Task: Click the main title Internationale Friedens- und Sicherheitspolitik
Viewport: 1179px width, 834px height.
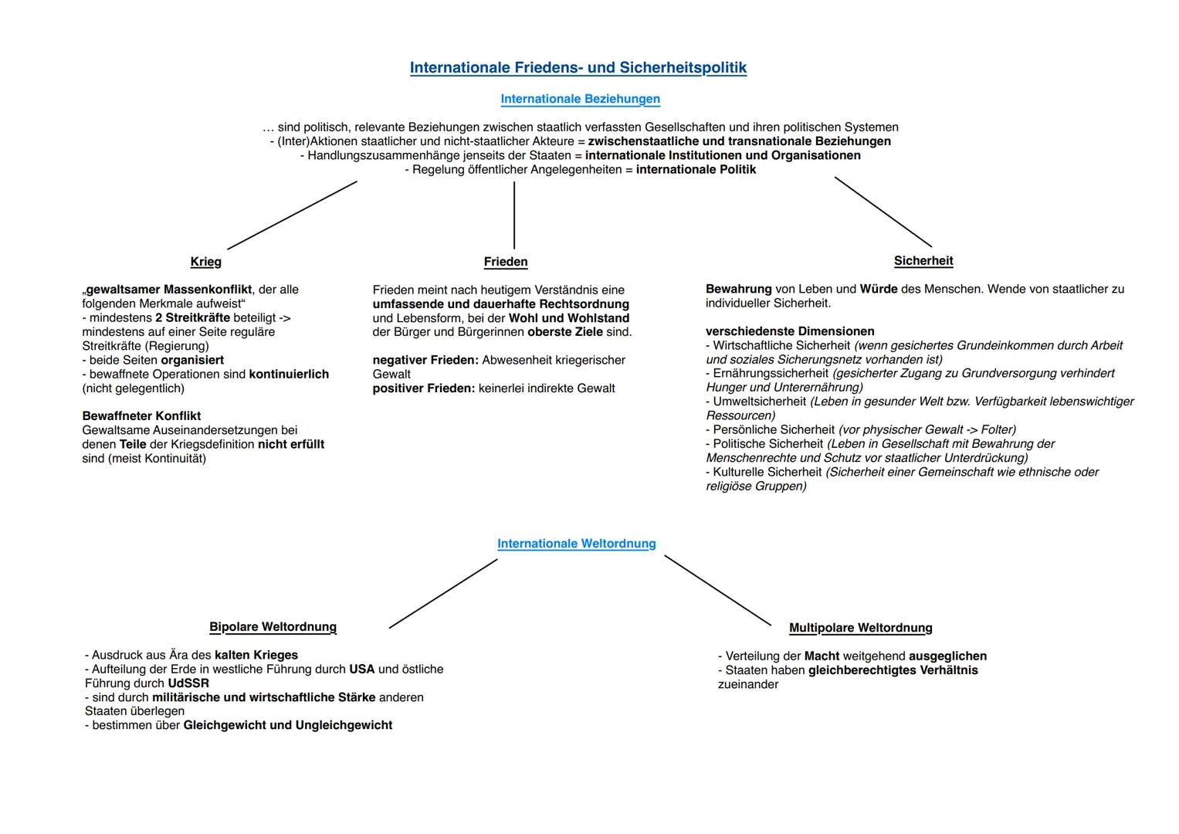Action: (578, 68)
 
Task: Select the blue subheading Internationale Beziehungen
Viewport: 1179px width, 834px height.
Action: (580, 99)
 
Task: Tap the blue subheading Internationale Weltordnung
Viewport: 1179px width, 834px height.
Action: (576, 544)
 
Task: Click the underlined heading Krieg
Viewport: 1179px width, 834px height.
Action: (206, 262)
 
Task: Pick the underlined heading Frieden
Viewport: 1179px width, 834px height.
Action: (506, 262)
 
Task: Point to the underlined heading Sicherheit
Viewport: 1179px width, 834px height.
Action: (923, 261)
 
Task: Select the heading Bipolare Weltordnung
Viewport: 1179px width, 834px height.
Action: (273, 627)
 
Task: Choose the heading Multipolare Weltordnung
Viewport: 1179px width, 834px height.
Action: (860, 628)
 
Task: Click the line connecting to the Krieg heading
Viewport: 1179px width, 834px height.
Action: (292, 215)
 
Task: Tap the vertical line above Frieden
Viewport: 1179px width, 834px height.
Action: (514, 215)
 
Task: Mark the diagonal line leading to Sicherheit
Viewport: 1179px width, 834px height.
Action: (883, 212)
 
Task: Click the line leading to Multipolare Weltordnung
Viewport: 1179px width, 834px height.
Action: (717, 590)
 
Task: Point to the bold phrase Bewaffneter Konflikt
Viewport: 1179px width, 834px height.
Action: (141, 416)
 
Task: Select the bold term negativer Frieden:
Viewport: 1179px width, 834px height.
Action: (425, 361)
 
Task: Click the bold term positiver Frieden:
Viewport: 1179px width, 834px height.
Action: (424, 388)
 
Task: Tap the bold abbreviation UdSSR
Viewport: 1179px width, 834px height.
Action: (188, 683)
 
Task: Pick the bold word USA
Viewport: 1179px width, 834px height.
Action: (362, 670)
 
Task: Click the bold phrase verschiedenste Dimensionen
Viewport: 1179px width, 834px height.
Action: (790, 331)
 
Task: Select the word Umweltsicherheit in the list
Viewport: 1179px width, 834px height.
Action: (760, 402)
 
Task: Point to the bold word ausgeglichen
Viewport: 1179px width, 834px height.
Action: (947, 656)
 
